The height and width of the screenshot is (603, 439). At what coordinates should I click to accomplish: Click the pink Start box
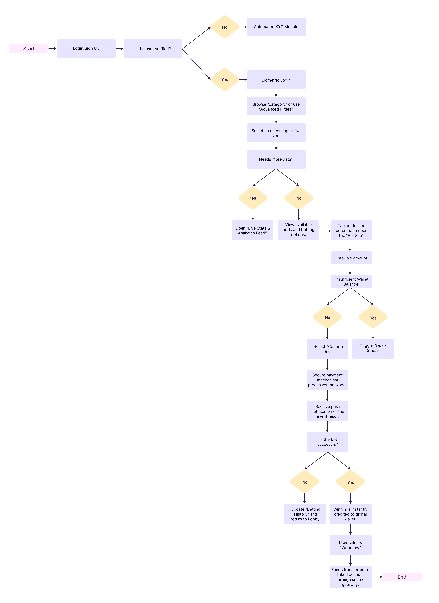coord(29,48)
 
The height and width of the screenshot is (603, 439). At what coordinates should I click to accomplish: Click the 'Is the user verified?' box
coord(153,49)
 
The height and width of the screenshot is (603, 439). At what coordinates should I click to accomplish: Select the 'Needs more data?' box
coord(276,159)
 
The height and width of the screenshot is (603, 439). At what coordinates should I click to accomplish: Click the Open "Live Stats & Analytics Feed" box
coord(252,230)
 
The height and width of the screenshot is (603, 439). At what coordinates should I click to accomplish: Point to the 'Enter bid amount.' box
coord(351,258)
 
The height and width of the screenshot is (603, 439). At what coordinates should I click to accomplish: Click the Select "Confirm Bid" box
coord(327,349)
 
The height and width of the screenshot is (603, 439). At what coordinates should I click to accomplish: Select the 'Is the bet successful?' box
coord(327,442)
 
